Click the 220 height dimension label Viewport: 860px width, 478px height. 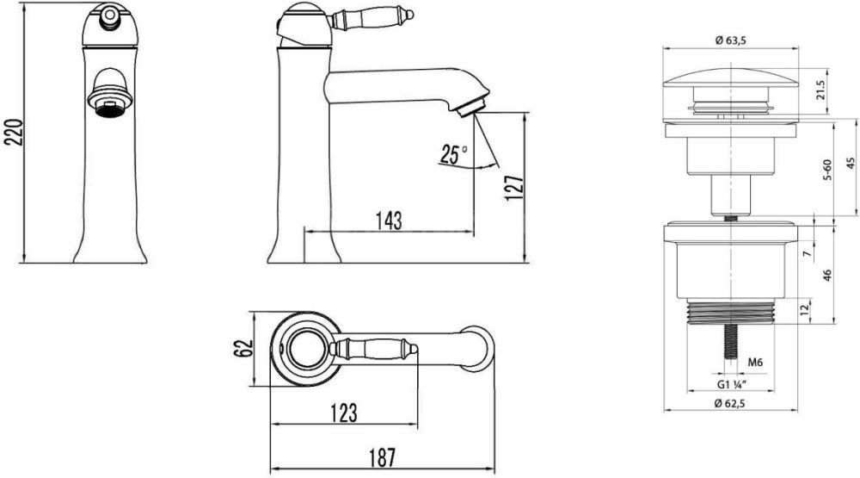tap(14, 132)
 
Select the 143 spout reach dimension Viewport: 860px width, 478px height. tap(389, 220)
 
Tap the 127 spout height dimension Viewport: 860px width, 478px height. tap(514, 189)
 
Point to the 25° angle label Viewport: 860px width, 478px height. tap(453, 154)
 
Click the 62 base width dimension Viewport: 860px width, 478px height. tap(243, 348)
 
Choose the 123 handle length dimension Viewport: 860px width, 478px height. tap(345, 413)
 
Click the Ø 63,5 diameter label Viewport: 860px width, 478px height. tap(731, 40)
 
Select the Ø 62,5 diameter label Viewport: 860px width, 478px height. tap(730, 403)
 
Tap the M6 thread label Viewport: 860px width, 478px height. tap(755, 363)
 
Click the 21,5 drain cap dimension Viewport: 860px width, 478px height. tap(820, 90)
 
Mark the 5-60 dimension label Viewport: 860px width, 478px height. tap(827, 170)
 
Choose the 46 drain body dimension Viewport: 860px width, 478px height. tap(827, 275)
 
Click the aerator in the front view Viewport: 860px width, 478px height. tap(110, 101)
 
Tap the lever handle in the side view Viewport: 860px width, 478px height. tap(371, 19)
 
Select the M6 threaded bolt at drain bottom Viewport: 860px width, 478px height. tap(730, 341)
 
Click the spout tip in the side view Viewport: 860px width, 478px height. tap(471, 107)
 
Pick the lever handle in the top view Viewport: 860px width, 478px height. tap(373, 348)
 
